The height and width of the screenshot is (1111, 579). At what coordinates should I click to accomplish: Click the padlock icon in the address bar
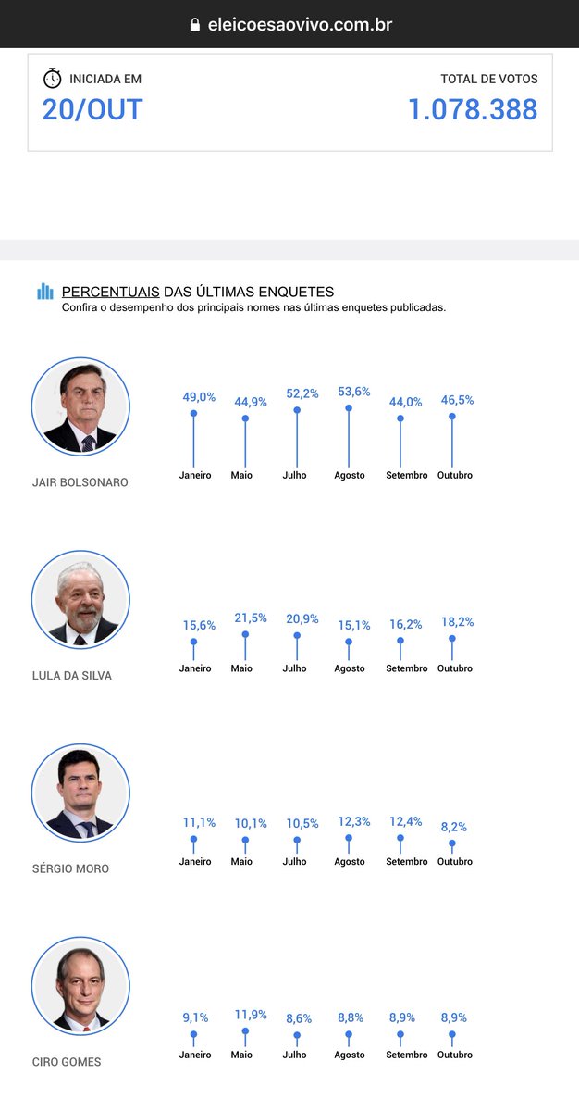click(x=195, y=25)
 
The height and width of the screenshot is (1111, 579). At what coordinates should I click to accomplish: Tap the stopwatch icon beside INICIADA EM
click(x=52, y=79)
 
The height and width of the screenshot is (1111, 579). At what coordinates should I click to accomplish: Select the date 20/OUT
click(x=92, y=109)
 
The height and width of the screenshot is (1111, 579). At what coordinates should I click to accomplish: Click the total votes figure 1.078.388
click(x=473, y=109)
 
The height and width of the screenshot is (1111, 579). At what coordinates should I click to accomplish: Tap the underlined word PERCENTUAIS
click(x=110, y=292)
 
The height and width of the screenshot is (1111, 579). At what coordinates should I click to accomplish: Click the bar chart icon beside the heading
click(x=45, y=292)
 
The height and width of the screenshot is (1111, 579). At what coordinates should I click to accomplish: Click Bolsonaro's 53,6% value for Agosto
click(x=354, y=392)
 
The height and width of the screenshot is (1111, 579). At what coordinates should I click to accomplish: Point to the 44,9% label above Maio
click(x=251, y=402)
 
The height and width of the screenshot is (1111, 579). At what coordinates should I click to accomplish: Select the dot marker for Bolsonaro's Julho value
click(x=297, y=410)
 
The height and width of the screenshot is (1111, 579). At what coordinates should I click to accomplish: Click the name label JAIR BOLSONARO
click(x=80, y=482)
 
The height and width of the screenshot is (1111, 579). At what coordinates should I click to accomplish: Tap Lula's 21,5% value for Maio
click(x=251, y=618)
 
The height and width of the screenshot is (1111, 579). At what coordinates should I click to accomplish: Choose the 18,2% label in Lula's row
click(x=458, y=622)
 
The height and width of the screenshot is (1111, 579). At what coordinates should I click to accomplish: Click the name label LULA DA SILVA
click(x=72, y=676)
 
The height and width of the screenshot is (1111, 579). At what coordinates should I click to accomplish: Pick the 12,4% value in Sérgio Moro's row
click(x=406, y=822)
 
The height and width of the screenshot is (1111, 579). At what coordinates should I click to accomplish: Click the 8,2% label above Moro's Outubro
click(x=454, y=827)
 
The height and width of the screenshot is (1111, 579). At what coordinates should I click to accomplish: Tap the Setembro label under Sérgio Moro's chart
click(x=407, y=862)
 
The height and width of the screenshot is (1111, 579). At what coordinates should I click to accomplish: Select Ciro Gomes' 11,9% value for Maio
click(x=251, y=1015)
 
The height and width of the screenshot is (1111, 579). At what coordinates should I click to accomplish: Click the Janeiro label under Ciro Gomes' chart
click(x=195, y=1055)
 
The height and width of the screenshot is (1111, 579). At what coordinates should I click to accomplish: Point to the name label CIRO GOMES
click(x=67, y=1062)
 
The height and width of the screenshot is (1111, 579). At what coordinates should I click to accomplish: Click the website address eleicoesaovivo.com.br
click(x=301, y=25)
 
